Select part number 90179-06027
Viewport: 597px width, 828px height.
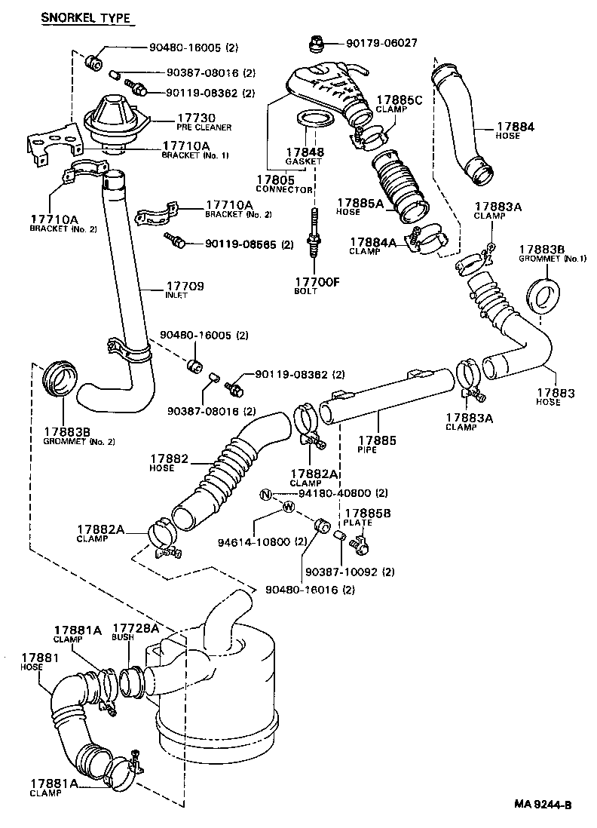point(375,43)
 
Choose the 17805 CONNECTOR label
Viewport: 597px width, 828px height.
point(283,184)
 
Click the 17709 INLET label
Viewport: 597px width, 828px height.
point(185,290)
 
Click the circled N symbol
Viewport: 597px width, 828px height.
point(265,495)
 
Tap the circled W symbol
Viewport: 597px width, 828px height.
point(288,507)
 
